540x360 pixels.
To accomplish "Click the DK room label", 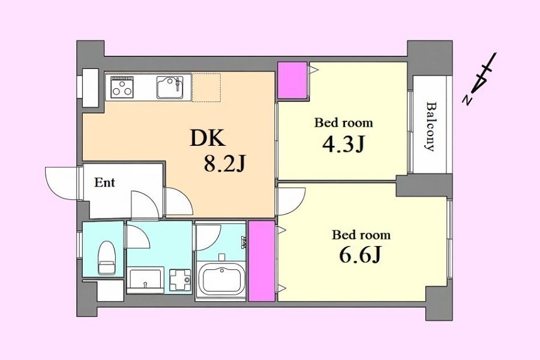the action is (208, 139).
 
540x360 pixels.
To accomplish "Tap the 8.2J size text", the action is (224, 163).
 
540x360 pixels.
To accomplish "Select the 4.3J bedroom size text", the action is (343, 145).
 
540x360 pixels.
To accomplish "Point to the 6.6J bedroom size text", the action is (360, 256).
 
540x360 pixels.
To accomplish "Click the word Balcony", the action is (430, 126).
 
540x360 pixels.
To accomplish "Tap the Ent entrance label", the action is (104, 182).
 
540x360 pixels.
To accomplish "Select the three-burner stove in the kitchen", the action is (122, 86).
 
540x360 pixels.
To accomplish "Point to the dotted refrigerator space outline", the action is (206, 87).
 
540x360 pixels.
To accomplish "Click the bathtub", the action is (220, 277).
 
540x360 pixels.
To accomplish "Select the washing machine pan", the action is (180, 279).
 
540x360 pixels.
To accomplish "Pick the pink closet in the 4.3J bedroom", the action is (292, 80).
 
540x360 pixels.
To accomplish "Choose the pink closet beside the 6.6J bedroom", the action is (262, 261).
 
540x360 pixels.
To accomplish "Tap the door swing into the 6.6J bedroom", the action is (292, 201).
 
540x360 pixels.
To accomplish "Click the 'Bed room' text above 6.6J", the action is (361, 235).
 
